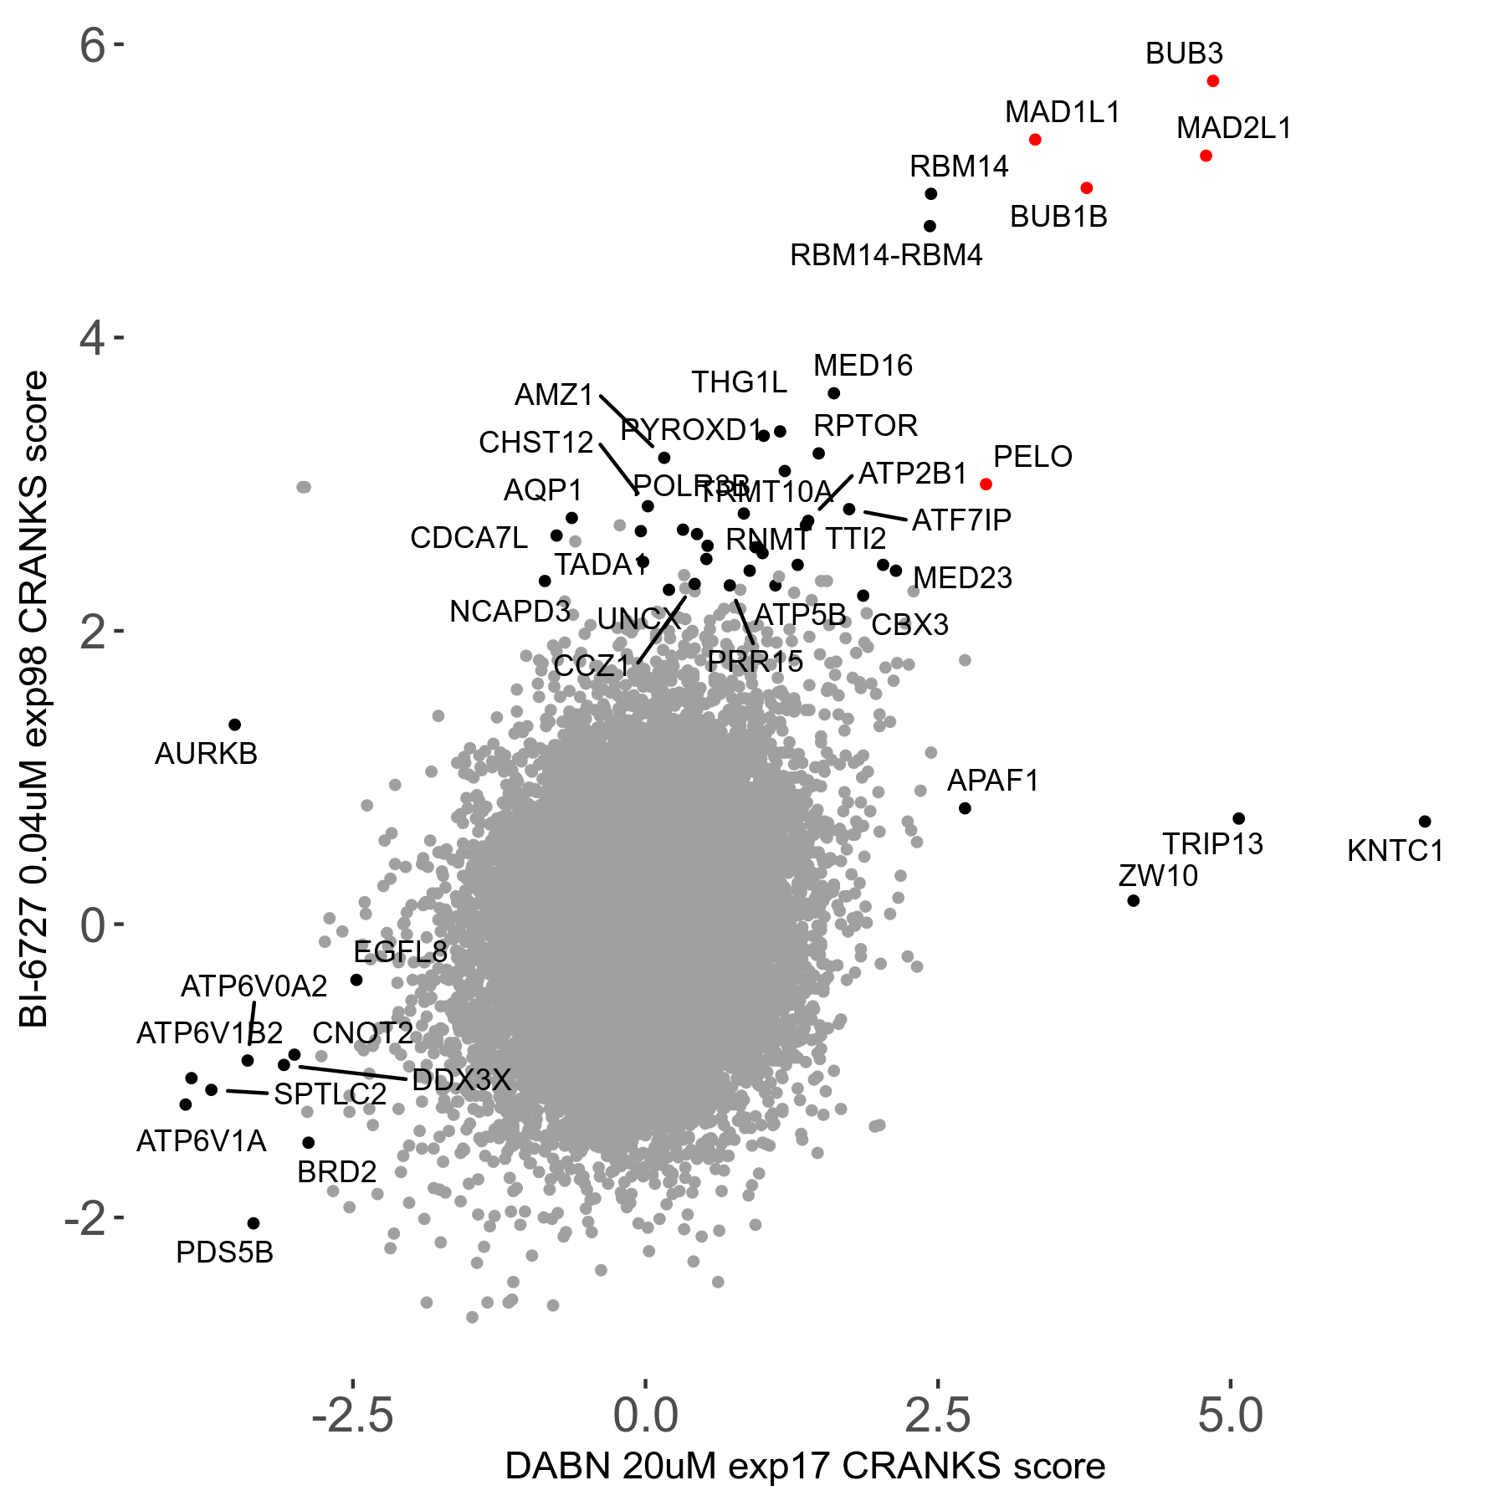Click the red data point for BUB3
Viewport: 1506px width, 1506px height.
1213,81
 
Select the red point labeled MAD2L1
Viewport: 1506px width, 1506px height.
1206,156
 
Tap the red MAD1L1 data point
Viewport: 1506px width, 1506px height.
1035,140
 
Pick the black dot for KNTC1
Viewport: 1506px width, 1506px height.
1425,822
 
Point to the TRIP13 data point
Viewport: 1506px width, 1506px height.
1239,818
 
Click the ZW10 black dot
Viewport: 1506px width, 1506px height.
1134,900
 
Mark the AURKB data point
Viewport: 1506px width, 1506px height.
235,725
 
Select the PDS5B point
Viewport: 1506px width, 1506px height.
254,1223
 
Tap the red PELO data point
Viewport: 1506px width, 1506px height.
986,484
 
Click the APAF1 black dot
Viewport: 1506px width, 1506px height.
965,808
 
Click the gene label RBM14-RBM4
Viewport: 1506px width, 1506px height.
886,255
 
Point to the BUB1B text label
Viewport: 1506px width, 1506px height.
1058,217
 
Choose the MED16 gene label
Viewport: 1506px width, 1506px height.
863,366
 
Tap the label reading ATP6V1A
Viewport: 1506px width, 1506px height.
202,1141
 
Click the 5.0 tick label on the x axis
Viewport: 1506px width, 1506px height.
1230,1416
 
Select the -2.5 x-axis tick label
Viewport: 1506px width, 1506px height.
352,1416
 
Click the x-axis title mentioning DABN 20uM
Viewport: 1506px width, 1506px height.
805,1466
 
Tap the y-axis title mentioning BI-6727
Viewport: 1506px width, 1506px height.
35,699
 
